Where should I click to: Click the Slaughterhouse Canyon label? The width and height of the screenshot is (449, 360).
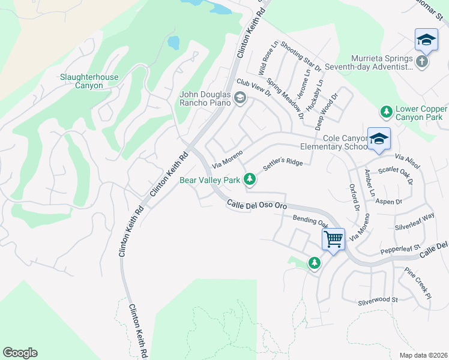(x=89, y=81)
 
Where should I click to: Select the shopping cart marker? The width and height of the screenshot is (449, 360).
(x=333, y=239)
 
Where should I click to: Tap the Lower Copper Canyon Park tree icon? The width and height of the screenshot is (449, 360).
(x=387, y=112)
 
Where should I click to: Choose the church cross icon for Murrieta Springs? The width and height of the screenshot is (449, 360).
(x=422, y=62)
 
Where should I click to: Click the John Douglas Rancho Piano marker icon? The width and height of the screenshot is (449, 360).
(x=240, y=98)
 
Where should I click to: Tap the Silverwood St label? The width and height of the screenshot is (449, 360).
(x=378, y=299)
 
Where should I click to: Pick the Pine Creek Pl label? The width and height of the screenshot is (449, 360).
(x=418, y=283)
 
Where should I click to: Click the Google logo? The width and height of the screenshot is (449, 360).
(x=20, y=352)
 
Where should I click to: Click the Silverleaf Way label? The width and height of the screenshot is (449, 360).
(x=414, y=224)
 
